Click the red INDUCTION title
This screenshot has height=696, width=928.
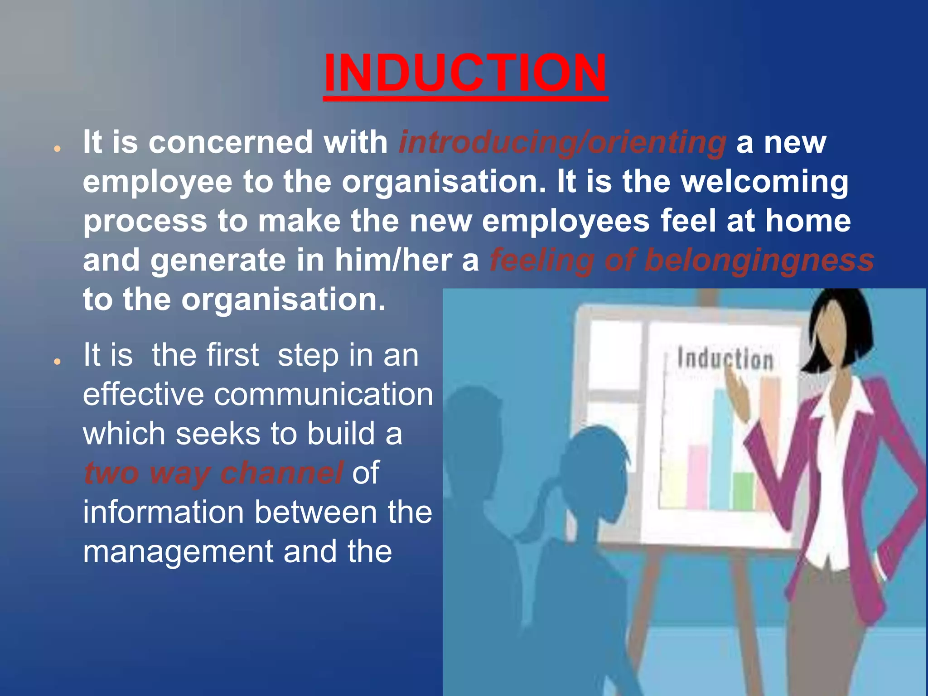465,73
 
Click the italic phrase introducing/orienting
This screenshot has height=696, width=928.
562,143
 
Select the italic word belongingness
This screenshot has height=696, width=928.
759,261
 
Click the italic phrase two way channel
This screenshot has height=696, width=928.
213,473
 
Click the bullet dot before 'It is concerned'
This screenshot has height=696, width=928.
57,149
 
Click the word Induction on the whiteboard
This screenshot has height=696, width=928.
725,359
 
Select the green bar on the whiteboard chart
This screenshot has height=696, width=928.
743,491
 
